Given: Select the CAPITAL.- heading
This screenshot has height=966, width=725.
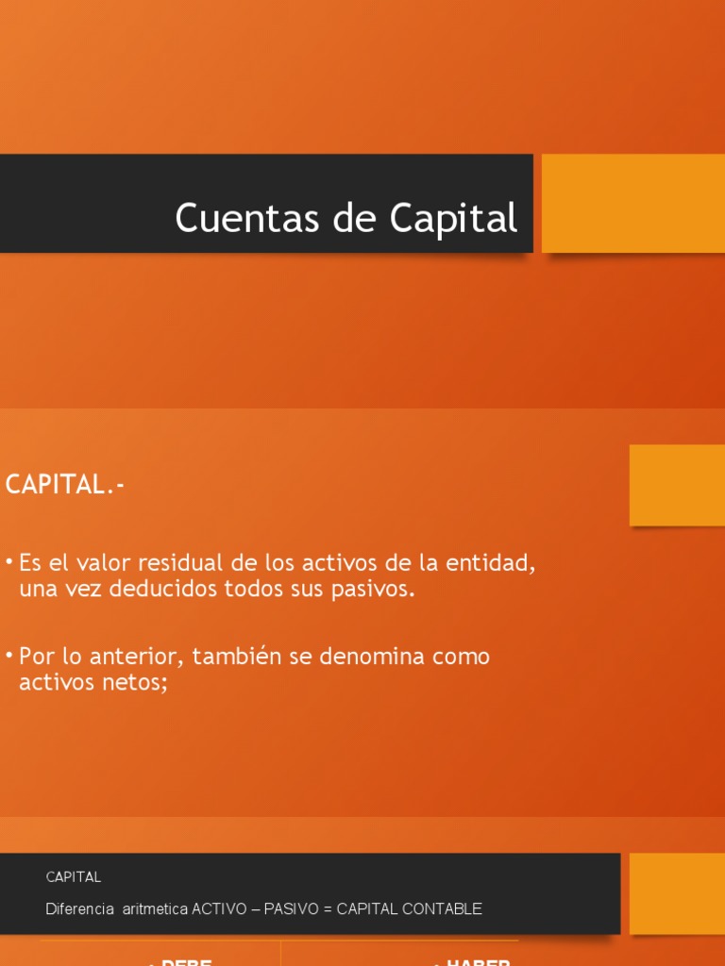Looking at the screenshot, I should (65, 485).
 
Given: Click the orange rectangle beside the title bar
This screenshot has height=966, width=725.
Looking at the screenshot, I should (632, 203).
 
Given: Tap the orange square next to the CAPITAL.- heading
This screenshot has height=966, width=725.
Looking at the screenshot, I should (677, 485).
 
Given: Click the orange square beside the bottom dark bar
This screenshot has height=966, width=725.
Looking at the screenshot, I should (677, 893).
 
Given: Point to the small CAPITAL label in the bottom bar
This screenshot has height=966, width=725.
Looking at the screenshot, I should (74, 877).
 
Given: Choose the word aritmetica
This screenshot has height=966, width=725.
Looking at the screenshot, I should (155, 909).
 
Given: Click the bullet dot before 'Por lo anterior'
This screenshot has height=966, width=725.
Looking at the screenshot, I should (9, 654).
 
